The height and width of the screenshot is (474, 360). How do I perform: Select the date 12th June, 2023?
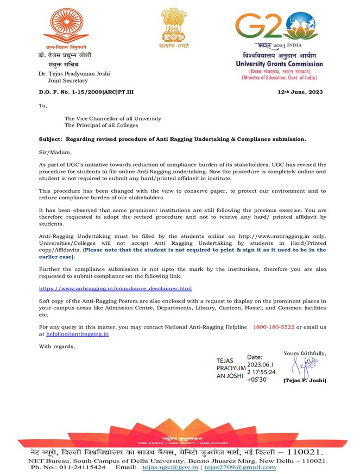tap(300, 92)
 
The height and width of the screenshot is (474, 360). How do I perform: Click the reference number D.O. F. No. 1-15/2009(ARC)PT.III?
tap(86, 92)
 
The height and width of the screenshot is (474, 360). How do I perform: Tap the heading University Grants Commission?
tap(279, 64)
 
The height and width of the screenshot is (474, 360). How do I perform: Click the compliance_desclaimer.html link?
tap(116, 288)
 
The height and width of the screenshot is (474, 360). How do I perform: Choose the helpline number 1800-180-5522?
tap(274, 326)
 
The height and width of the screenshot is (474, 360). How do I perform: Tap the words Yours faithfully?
tap(305, 353)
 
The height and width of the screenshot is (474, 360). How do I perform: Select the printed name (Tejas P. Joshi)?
tap(305, 380)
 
